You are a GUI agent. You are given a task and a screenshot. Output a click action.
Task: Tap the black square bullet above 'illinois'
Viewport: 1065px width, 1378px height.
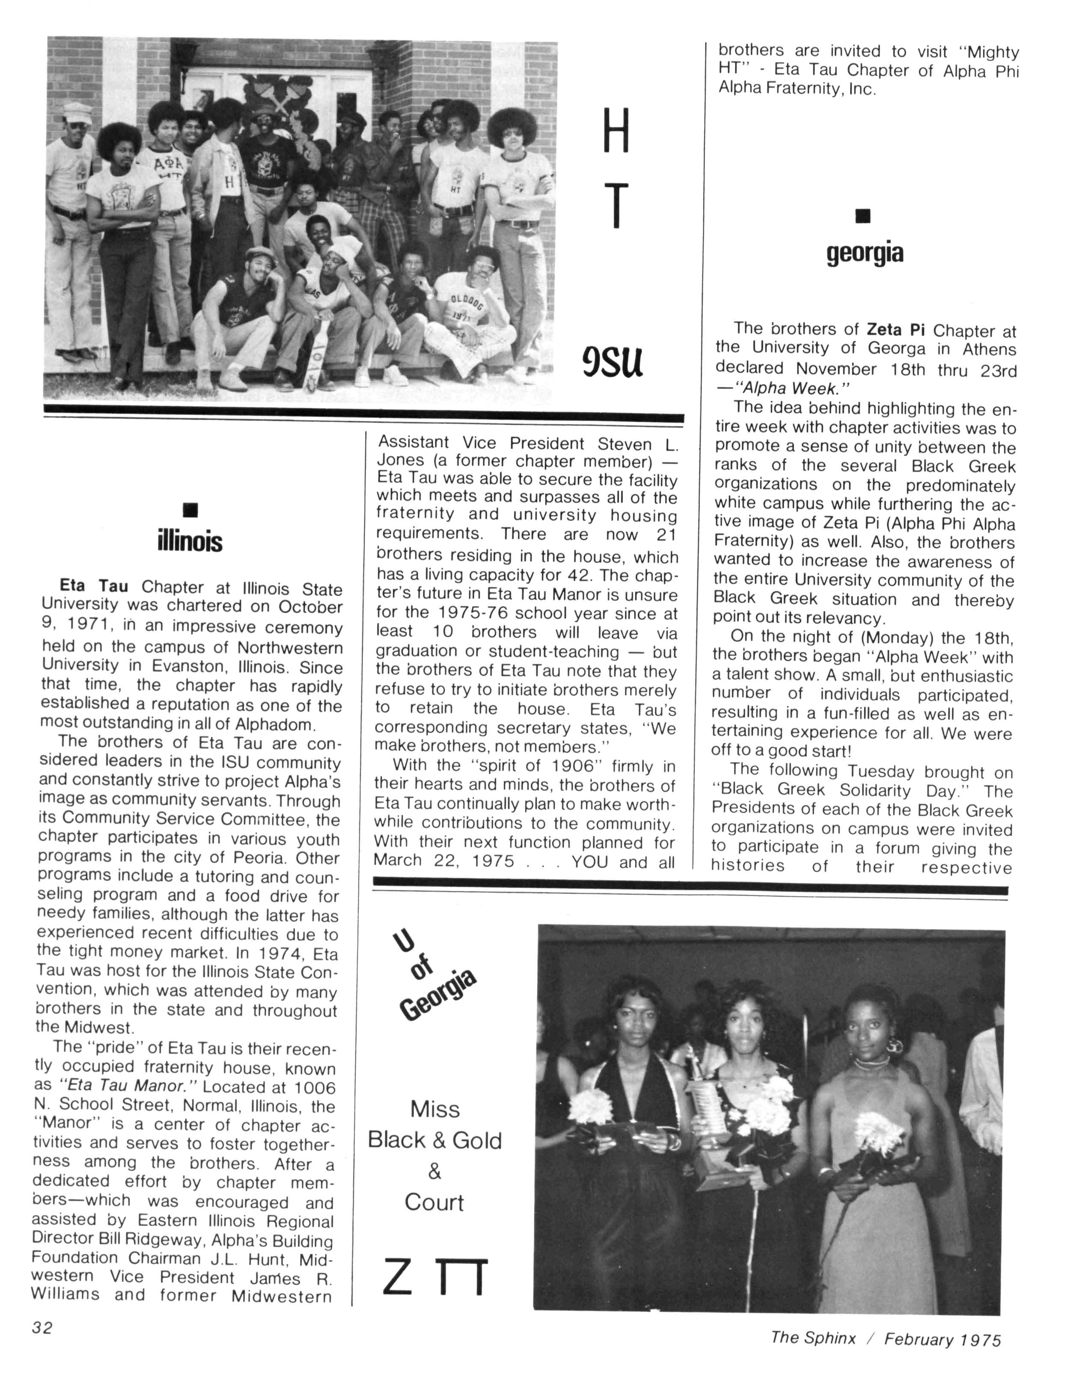(x=190, y=509)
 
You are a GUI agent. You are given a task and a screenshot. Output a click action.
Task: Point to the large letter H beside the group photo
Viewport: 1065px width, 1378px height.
(x=616, y=131)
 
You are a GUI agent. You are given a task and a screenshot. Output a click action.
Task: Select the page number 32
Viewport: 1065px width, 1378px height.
(x=42, y=1327)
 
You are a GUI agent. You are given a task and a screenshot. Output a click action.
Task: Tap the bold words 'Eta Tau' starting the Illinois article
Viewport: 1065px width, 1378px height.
(x=93, y=587)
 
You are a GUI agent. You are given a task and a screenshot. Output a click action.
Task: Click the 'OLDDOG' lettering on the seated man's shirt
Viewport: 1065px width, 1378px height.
(x=467, y=303)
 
